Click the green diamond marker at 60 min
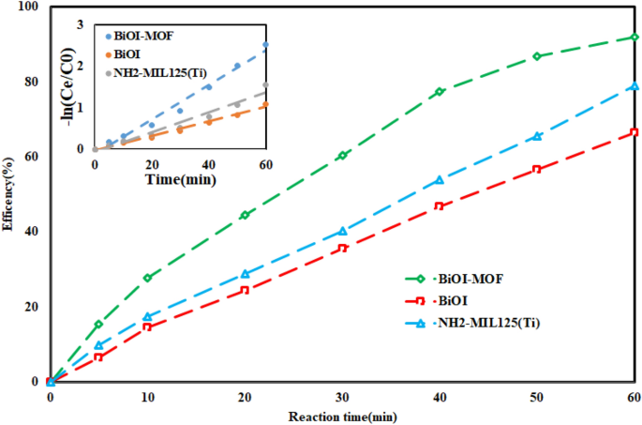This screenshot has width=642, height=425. pyautogui.click(x=635, y=38)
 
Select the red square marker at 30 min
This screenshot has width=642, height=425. pyautogui.click(x=342, y=248)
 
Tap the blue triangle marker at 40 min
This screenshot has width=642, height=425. pyautogui.click(x=440, y=179)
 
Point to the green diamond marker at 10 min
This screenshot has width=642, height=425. pyautogui.click(x=147, y=278)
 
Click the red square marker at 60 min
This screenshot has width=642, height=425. pyautogui.click(x=635, y=132)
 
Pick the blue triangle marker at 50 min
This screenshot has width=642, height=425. pyautogui.click(x=537, y=136)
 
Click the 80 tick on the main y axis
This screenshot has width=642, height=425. pyautogui.click(x=34, y=82)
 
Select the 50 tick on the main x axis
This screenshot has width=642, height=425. pyautogui.click(x=537, y=398)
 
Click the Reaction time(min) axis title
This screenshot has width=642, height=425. pyautogui.click(x=342, y=416)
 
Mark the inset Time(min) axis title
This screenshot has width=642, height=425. pyautogui.click(x=180, y=178)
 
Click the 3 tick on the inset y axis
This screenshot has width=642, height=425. pyautogui.click(x=81, y=23)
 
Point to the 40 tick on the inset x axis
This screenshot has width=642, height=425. pyautogui.click(x=208, y=164)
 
